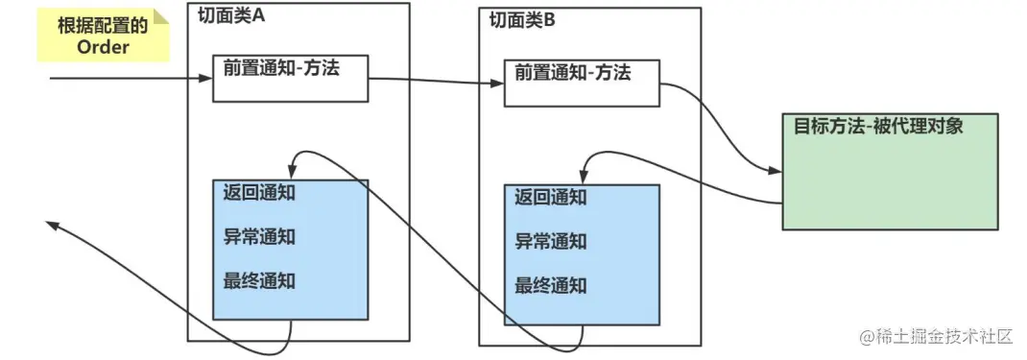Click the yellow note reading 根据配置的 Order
103,36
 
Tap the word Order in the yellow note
103,47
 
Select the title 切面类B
522,20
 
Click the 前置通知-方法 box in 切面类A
290,77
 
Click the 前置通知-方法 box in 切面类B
582,83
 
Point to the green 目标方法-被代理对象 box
890,171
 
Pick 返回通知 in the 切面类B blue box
550,198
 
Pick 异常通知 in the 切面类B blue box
550,242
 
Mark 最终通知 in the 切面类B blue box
550,286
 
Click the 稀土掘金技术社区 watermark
936,337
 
